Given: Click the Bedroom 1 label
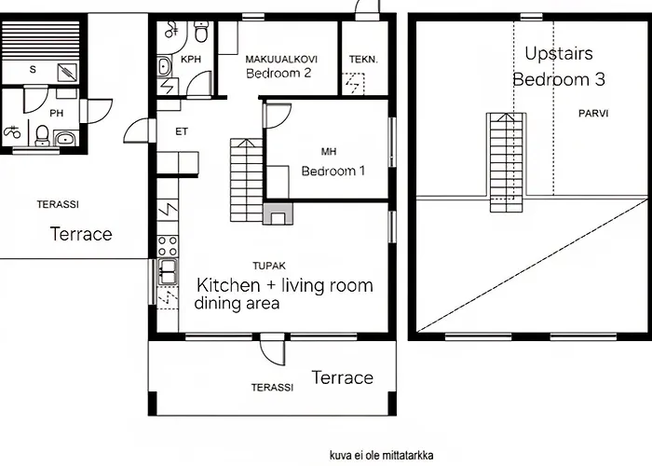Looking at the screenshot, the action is pos(333,171).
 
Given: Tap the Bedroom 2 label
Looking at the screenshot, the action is pos(278,74).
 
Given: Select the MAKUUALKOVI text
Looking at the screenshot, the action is pos(281,59).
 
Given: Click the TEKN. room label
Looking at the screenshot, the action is pos(363,60).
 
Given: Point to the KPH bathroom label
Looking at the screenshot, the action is pos(191,59).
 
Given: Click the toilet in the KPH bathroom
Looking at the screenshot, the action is pos(201,32).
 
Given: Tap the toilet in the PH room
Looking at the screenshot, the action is pos(43,136).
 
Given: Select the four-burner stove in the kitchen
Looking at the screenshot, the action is pos(168,245).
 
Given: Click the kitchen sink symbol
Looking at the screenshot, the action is pos(168,272).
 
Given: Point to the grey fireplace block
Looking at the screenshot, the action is pos(278,213).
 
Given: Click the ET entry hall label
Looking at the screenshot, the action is pos(182,132).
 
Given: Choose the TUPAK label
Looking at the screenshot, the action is pos(269,266).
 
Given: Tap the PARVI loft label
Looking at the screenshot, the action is pos(593,113).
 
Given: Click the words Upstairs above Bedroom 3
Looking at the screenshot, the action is pos(559,54).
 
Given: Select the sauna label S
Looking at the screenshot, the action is pos(33,70).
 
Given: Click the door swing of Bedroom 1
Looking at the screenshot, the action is pos(278,116).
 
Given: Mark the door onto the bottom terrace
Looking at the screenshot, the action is pos(273,349).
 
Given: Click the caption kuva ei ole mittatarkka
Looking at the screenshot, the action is pos(381,455).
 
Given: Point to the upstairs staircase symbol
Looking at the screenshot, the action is pos(506,162).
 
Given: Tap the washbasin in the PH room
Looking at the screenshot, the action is pos(65,139).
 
